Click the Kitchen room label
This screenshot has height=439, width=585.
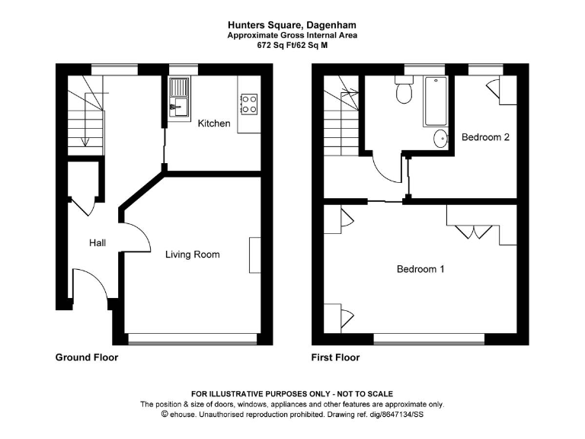[x=213, y=123]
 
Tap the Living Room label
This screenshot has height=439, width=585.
[x=193, y=255]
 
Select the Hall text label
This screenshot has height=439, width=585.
[x=97, y=243]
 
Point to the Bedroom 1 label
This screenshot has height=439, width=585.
[x=420, y=269]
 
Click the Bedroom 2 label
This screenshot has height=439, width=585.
[x=485, y=137]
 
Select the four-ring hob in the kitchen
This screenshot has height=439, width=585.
[x=248, y=103]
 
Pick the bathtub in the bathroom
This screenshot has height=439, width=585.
[x=436, y=101]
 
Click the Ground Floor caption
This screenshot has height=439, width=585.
[x=87, y=357]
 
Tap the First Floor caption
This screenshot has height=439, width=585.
[x=335, y=357]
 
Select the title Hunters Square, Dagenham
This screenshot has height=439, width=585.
[x=292, y=24]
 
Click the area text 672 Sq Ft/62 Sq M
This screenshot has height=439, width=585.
[x=292, y=45]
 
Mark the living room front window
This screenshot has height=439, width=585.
[x=192, y=337]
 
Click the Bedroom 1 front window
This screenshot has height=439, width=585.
[x=429, y=337]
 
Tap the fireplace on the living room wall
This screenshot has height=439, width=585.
[x=254, y=255]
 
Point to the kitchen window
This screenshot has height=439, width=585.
[x=183, y=69]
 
